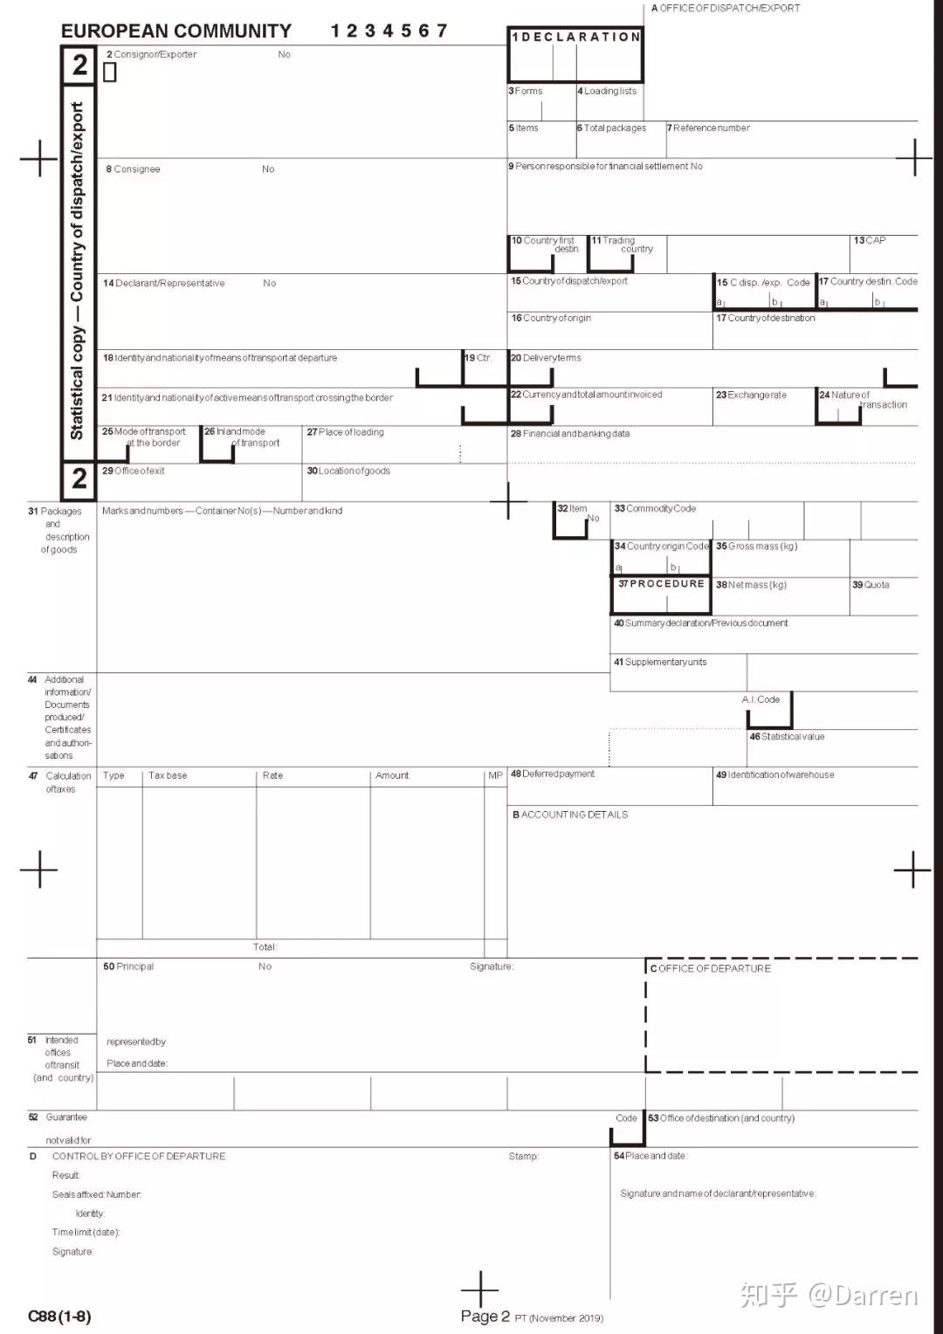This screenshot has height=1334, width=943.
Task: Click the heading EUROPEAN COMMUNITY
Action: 176,31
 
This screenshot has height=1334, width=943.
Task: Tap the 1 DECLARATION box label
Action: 575,37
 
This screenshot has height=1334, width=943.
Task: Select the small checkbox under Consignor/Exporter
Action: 110,72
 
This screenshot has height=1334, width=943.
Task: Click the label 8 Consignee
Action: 133,169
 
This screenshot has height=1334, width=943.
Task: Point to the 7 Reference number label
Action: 708,128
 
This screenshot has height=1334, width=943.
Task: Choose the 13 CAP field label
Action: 869,240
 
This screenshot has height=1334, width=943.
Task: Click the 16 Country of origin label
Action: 551,319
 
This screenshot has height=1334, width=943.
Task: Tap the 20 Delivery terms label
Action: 546,358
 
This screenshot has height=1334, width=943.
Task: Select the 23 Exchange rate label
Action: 751,395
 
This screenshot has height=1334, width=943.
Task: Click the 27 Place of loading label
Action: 345,432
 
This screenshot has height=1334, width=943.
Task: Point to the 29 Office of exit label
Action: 134,471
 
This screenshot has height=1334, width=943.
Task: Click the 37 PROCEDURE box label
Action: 661,584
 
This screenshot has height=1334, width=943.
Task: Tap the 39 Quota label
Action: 871,585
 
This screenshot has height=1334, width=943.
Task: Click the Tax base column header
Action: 168,775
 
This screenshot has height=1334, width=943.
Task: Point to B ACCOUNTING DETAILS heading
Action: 570,815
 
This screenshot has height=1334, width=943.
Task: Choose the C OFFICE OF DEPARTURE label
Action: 710,968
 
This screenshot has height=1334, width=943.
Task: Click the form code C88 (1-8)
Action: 59,1316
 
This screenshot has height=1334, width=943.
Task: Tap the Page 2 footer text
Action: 485,1317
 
